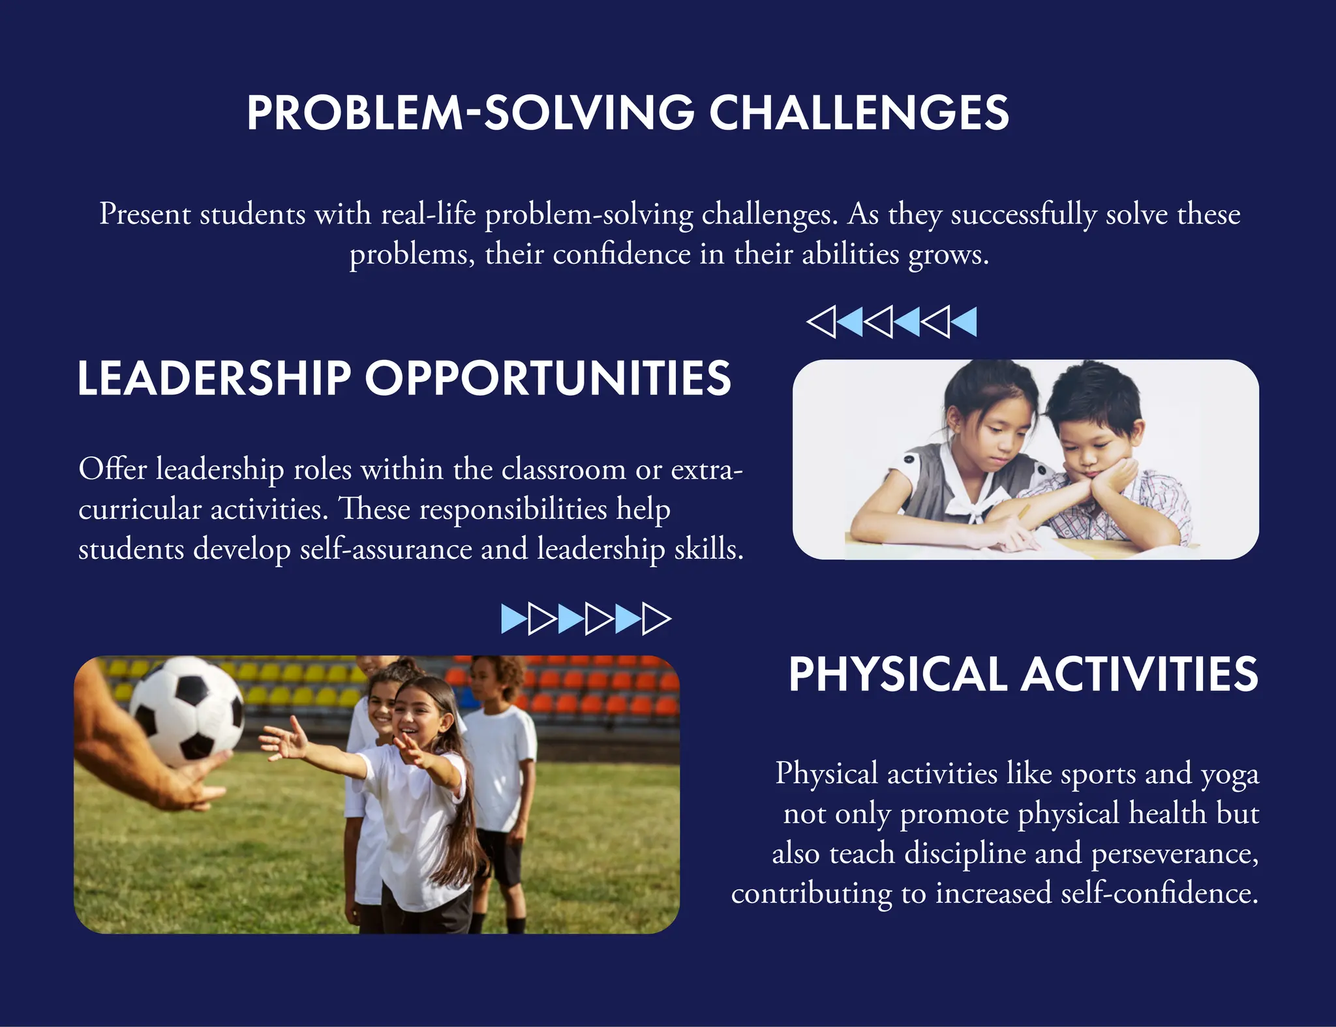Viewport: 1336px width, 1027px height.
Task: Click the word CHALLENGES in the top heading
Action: coord(859,113)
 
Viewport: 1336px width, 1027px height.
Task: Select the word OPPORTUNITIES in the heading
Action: coord(548,378)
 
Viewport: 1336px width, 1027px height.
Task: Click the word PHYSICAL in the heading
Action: coord(898,674)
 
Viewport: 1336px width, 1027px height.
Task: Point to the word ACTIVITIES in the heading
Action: coord(1140,674)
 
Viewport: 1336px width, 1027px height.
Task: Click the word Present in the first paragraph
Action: coord(145,214)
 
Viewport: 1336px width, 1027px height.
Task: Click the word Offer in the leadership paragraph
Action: coord(113,469)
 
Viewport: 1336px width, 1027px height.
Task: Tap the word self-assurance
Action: coord(386,549)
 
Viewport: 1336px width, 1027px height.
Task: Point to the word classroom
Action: coord(564,469)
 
